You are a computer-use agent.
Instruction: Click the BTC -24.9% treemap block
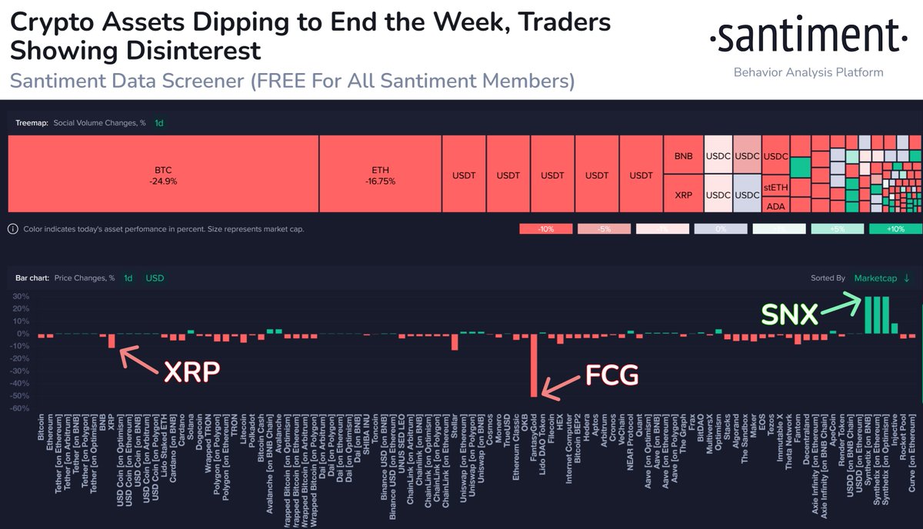click(x=162, y=175)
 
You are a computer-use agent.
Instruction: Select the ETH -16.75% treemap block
click(x=380, y=175)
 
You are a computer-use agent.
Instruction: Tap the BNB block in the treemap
click(x=683, y=156)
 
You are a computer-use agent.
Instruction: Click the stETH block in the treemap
click(x=775, y=187)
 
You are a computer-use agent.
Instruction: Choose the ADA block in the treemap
click(x=775, y=205)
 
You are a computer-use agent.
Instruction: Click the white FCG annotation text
click(x=611, y=376)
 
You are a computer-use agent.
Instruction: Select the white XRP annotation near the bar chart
click(x=192, y=372)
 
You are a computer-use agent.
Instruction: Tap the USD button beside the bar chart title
click(x=155, y=278)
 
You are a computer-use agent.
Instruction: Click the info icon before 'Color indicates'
click(x=13, y=229)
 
